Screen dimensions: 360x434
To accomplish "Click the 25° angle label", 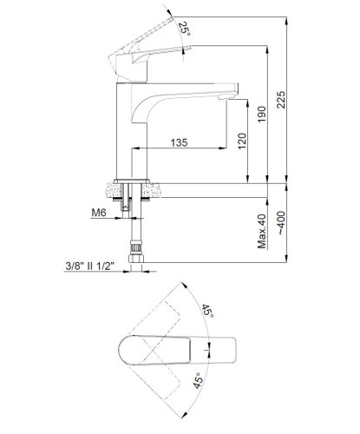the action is click(184, 30).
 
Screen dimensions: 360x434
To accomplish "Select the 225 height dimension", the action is click(281, 100).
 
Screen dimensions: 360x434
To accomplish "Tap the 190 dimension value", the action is click(262, 115).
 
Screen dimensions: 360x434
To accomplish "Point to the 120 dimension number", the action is click(242, 141).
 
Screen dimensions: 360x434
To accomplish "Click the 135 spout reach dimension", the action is click(179, 142).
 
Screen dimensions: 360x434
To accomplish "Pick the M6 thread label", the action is click(99, 213).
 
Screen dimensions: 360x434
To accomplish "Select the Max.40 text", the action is click(262, 231).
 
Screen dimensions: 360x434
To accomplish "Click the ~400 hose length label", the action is click(281, 223).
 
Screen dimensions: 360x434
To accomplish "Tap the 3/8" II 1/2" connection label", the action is click(90, 266).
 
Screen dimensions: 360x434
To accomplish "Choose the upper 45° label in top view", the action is click(208, 312).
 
